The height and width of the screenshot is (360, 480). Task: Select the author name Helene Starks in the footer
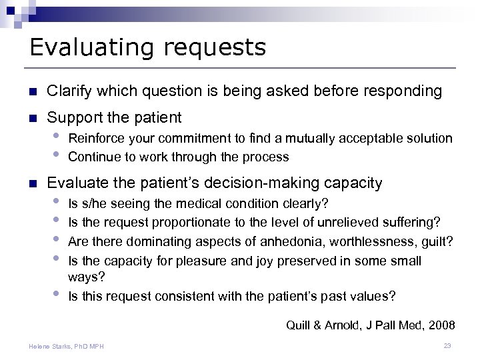(x=53, y=346)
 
